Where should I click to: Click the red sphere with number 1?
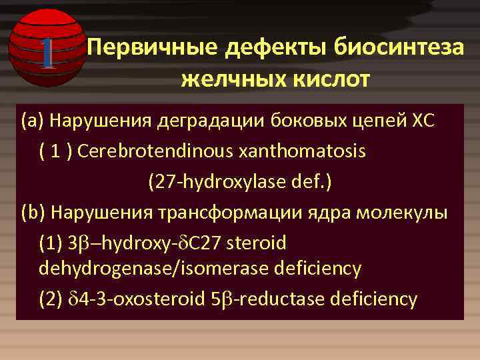point(46,48)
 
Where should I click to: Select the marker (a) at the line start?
point(32,122)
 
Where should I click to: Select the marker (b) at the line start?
point(33,212)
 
